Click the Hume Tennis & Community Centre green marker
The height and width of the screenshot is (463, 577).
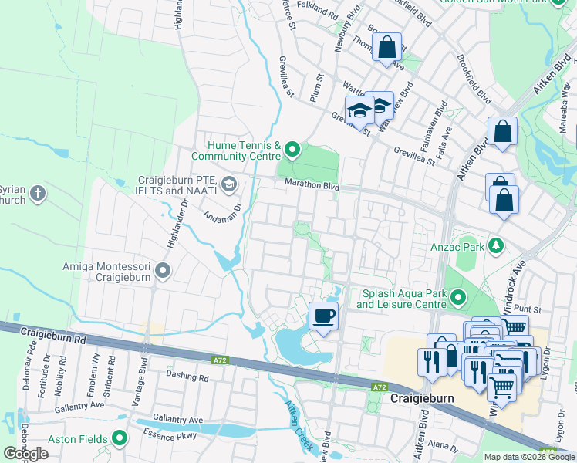tap(292, 148)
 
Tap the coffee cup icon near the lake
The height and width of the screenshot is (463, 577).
tap(323, 316)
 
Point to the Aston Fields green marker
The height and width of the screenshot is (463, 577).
tap(119, 438)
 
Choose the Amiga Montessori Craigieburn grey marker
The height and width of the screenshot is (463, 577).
tap(162, 270)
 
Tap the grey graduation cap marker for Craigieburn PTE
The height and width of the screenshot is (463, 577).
tap(228, 184)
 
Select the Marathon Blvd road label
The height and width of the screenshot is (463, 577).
tap(312, 184)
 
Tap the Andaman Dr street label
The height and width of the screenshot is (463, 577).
tap(221, 203)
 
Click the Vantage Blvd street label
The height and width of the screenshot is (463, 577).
tap(143, 375)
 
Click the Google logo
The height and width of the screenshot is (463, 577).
tap(26, 454)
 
